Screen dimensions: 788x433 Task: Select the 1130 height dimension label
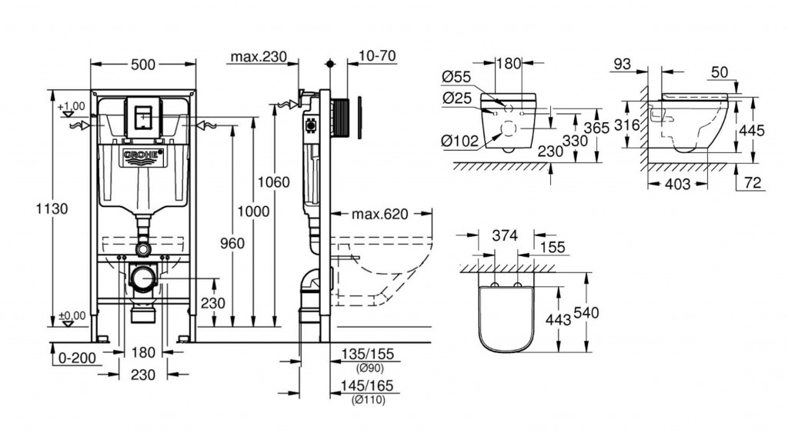tap(52, 208)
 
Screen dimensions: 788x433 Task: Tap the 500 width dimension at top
tap(142, 65)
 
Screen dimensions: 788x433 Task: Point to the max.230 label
tap(259, 56)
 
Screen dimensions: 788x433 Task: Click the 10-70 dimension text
tap(378, 55)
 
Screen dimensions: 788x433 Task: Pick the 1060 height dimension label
tap(274, 182)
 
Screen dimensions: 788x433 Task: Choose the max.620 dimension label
tap(380, 214)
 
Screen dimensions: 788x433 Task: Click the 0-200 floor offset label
tap(78, 358)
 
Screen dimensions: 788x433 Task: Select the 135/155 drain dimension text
tap(367, 354)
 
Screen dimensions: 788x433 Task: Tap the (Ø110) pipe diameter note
tap(369, 400)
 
